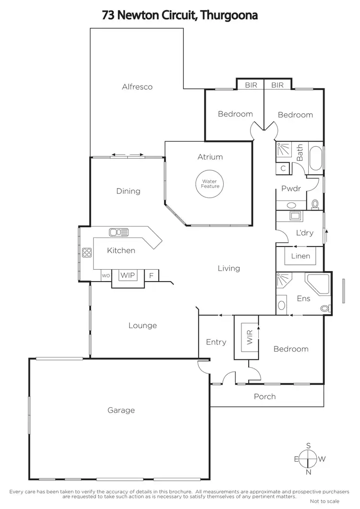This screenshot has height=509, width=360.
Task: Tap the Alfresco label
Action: coord(137,87)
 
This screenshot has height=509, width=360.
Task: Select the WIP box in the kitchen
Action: coord(128,275)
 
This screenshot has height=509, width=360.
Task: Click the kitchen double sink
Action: coord(119,233)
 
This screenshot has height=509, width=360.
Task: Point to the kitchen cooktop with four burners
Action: coord(87,252)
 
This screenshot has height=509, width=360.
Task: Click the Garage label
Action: coord(121,410)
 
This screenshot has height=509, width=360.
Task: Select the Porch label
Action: coord(264,396)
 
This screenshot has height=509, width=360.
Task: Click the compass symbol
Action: coord(308,459)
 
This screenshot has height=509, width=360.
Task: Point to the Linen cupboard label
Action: coord(300,256)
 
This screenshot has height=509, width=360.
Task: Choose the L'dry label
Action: coord(304,233)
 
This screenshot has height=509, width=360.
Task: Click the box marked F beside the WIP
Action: coord(151,276)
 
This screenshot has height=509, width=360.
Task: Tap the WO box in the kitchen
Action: coord(106,276)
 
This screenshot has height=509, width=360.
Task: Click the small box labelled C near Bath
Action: coord(283,168)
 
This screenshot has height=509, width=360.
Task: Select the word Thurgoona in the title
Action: coord(229,15)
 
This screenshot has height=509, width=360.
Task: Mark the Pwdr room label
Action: coord(291,189)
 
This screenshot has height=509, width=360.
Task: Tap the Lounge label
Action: coord(143,326)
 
